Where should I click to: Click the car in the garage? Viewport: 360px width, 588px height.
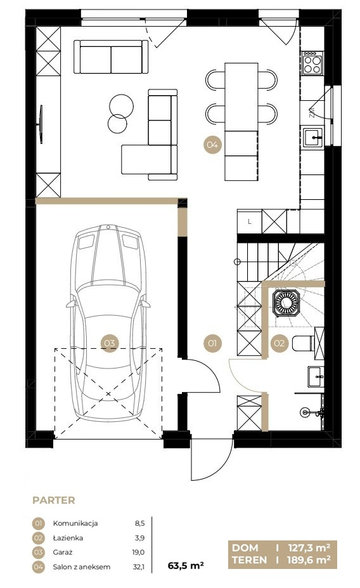pos(108,322)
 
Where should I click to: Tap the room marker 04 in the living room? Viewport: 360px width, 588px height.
pos(212,145)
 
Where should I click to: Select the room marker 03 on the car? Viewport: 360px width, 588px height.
pos(110,343)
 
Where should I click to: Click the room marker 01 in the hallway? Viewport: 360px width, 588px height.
pos(212,343)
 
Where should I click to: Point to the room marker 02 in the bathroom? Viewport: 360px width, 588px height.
pos(280,343)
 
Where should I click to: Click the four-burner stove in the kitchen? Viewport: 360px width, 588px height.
pos(312,63)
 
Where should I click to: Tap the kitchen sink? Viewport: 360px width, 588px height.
pos(313,137)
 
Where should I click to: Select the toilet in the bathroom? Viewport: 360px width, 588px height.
pos(303,343)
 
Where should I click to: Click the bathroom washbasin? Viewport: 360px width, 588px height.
pos(316,376)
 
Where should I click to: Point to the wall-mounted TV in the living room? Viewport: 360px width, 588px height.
pos(41,124)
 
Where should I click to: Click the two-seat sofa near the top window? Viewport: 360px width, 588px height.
pos(111,56)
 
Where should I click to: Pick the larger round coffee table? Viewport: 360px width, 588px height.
pos(122,105)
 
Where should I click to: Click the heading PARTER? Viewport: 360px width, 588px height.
pos(54,500)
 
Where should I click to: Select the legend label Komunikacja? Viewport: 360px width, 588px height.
pos(75,523)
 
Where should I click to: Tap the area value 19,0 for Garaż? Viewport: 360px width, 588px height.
pos(138,552)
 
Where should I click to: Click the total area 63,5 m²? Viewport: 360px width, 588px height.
pos(186,566)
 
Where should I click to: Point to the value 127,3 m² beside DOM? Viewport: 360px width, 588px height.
pos(309,548)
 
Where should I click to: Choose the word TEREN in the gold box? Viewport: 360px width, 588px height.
pos(250,560)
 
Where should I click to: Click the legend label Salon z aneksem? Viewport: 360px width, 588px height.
pos(82,567)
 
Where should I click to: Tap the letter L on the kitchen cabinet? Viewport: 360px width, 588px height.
pos(250,221)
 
